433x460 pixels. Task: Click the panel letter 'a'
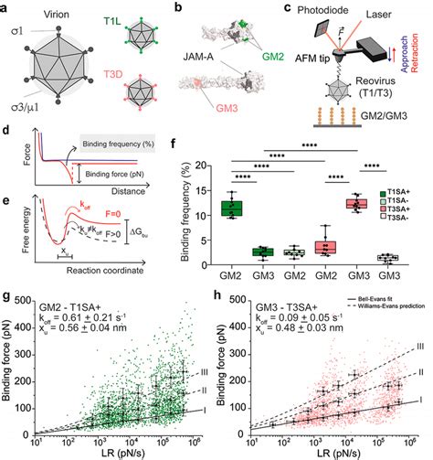(x=8, y=8)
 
